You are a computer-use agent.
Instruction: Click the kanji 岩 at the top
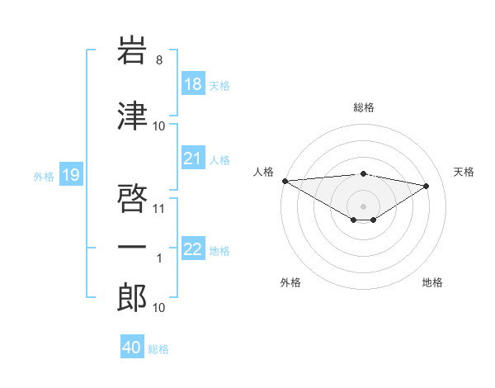point(132,50)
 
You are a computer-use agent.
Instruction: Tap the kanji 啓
point(132,196)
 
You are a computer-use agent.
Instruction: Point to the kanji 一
point(132,248)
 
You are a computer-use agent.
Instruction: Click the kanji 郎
point(132,296)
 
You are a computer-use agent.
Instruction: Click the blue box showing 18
point(193,84)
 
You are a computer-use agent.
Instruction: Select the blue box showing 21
point(193,159)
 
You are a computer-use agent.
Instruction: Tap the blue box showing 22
point(193,249)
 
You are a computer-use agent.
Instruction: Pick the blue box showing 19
point(71,174)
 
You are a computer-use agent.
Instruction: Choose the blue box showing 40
point(132,348)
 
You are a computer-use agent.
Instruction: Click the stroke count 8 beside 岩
point(159,59)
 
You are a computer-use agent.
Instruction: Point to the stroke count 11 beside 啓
point(159,208)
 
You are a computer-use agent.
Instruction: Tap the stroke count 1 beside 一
point(160,259)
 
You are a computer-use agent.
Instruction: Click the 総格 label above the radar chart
point(363,107)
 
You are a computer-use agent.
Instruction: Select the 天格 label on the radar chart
point(464,172)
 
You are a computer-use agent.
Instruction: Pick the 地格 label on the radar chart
point(432,282)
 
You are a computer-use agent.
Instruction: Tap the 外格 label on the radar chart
point(290,282)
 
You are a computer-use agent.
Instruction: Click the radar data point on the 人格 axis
point(285,181)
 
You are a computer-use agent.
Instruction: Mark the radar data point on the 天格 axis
point(427,186)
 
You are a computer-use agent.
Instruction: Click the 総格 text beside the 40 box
point(158,349)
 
